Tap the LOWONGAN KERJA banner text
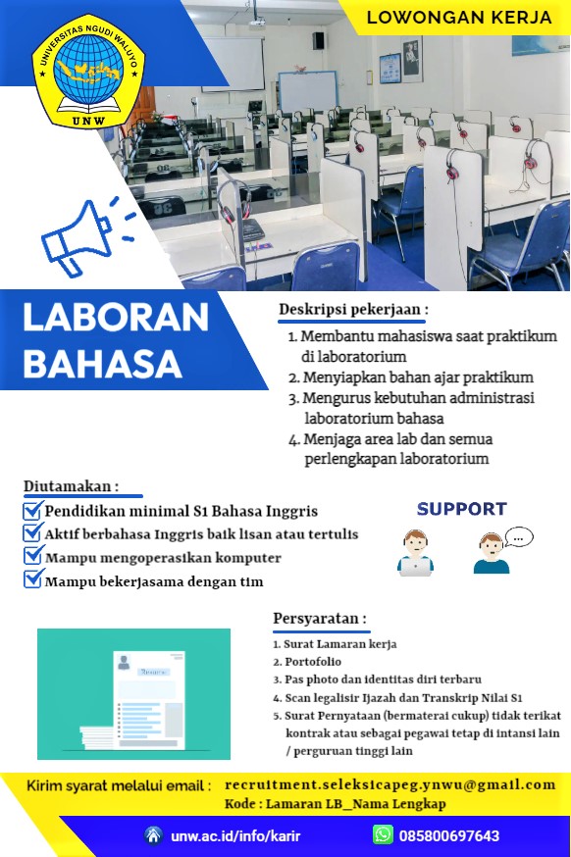[459, 18]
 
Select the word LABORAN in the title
[116, 318]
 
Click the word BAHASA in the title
[102, 364]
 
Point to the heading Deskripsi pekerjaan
[353, 310]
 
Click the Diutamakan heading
[71, 486]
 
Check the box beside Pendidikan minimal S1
[32, 511]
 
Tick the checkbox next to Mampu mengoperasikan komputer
[32, 556]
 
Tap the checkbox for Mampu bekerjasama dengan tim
[32, 579]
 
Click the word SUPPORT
[462, 509]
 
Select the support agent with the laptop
[416, 553]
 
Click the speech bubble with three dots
[518, 537]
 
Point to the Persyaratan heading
[320, 619]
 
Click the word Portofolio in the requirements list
[313, 661]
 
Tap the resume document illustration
[134, 694]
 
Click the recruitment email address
[389, 784]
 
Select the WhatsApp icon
[383, 834]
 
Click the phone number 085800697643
[449, 835]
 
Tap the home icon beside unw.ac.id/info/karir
[154, 834]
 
